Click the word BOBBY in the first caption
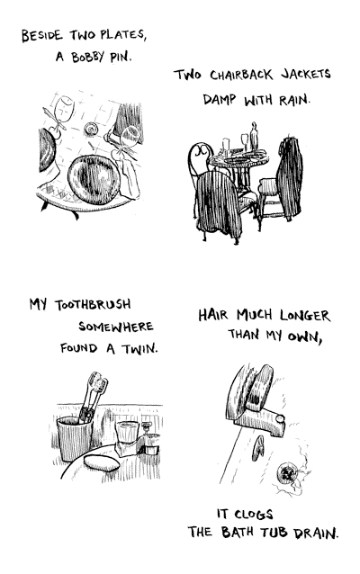[87, 57]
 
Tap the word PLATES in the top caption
[123, 35]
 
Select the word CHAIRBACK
[241, 75]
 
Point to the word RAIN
[293, 100]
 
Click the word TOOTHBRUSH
[93, 304]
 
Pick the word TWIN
[139, 348]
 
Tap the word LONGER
[305, 316]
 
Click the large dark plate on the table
[94, 179]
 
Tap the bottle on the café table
[254, 137]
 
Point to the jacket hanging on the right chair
[291, 177]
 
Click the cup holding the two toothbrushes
[75, 438]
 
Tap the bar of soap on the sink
[102, 462]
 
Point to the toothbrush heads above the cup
[97, 382]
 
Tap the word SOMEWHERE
[116, 327]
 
